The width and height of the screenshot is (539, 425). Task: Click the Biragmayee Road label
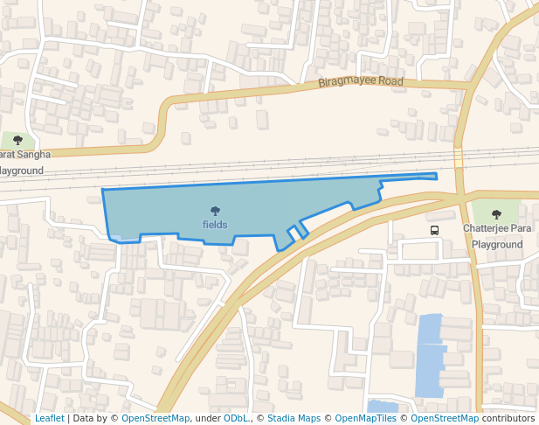(x=360, y=82)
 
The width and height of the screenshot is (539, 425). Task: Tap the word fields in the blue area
(x=215, y=225)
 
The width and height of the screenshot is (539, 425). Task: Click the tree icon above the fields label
(x=215, y=211)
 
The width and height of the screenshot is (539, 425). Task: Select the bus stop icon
(x=434, y=230)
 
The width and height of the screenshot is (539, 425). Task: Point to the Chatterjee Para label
(x=497, y=228)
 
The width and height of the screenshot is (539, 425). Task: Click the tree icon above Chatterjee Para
(x=496, y=214)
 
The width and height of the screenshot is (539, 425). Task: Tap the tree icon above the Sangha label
(x=17, y=140)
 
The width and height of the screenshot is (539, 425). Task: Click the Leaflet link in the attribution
(x=50, y=418)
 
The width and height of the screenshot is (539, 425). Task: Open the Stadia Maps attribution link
(x=294, y=418)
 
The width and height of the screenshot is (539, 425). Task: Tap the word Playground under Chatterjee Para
(x=497, y=245)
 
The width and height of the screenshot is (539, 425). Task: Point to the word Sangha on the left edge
(x=35, y=154)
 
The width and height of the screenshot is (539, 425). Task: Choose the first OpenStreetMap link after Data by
(x=155, y=418)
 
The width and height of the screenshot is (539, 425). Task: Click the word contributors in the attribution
(x=508, y=418)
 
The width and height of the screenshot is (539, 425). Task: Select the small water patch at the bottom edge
(x=383, y=406)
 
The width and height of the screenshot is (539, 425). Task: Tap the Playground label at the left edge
(x=21, y=171)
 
